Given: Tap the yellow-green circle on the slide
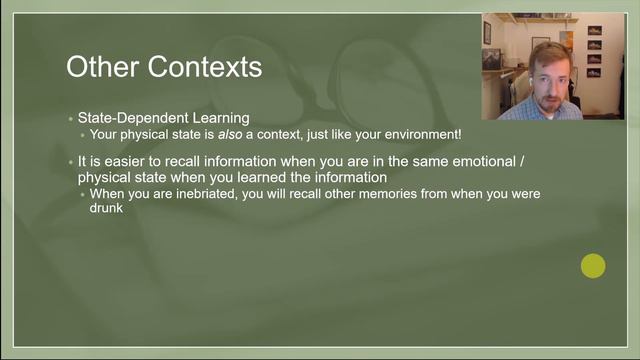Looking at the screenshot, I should (x=593, y=266).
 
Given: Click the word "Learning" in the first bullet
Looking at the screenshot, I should (x=221, y=118).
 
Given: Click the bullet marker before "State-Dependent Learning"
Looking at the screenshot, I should (x=70, y=119).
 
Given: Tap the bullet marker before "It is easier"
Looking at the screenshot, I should (x=70, y=161).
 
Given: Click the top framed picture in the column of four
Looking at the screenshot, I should (x=594, y=31).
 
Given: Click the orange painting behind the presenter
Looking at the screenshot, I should (x=566, y=40).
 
